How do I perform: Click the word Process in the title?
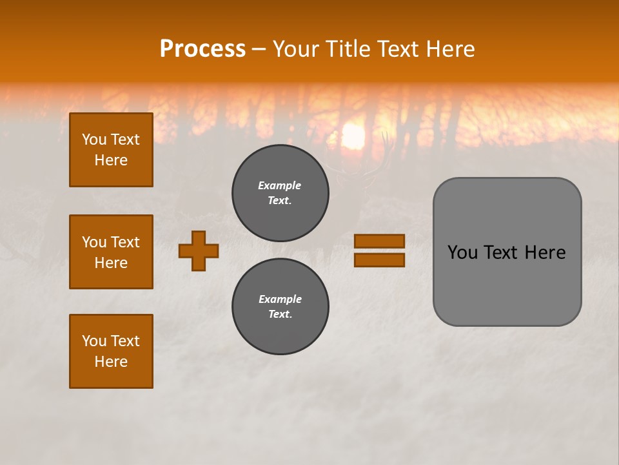click(202, 48)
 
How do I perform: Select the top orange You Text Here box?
click(111, 150)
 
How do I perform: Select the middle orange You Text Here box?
click(111, 252)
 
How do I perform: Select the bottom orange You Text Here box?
click(111, 351)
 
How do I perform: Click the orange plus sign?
click(199, 251)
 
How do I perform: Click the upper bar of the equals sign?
click(379, 241)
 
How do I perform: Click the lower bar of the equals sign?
click(379, 260)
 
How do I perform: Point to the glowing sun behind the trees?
click(353, 136)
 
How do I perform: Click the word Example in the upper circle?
click(279, 185)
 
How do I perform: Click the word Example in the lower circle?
click(280, 299)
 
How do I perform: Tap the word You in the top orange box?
click(93, 139)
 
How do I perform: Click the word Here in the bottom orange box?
click(111, 362)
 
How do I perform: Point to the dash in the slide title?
click(259, 50)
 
